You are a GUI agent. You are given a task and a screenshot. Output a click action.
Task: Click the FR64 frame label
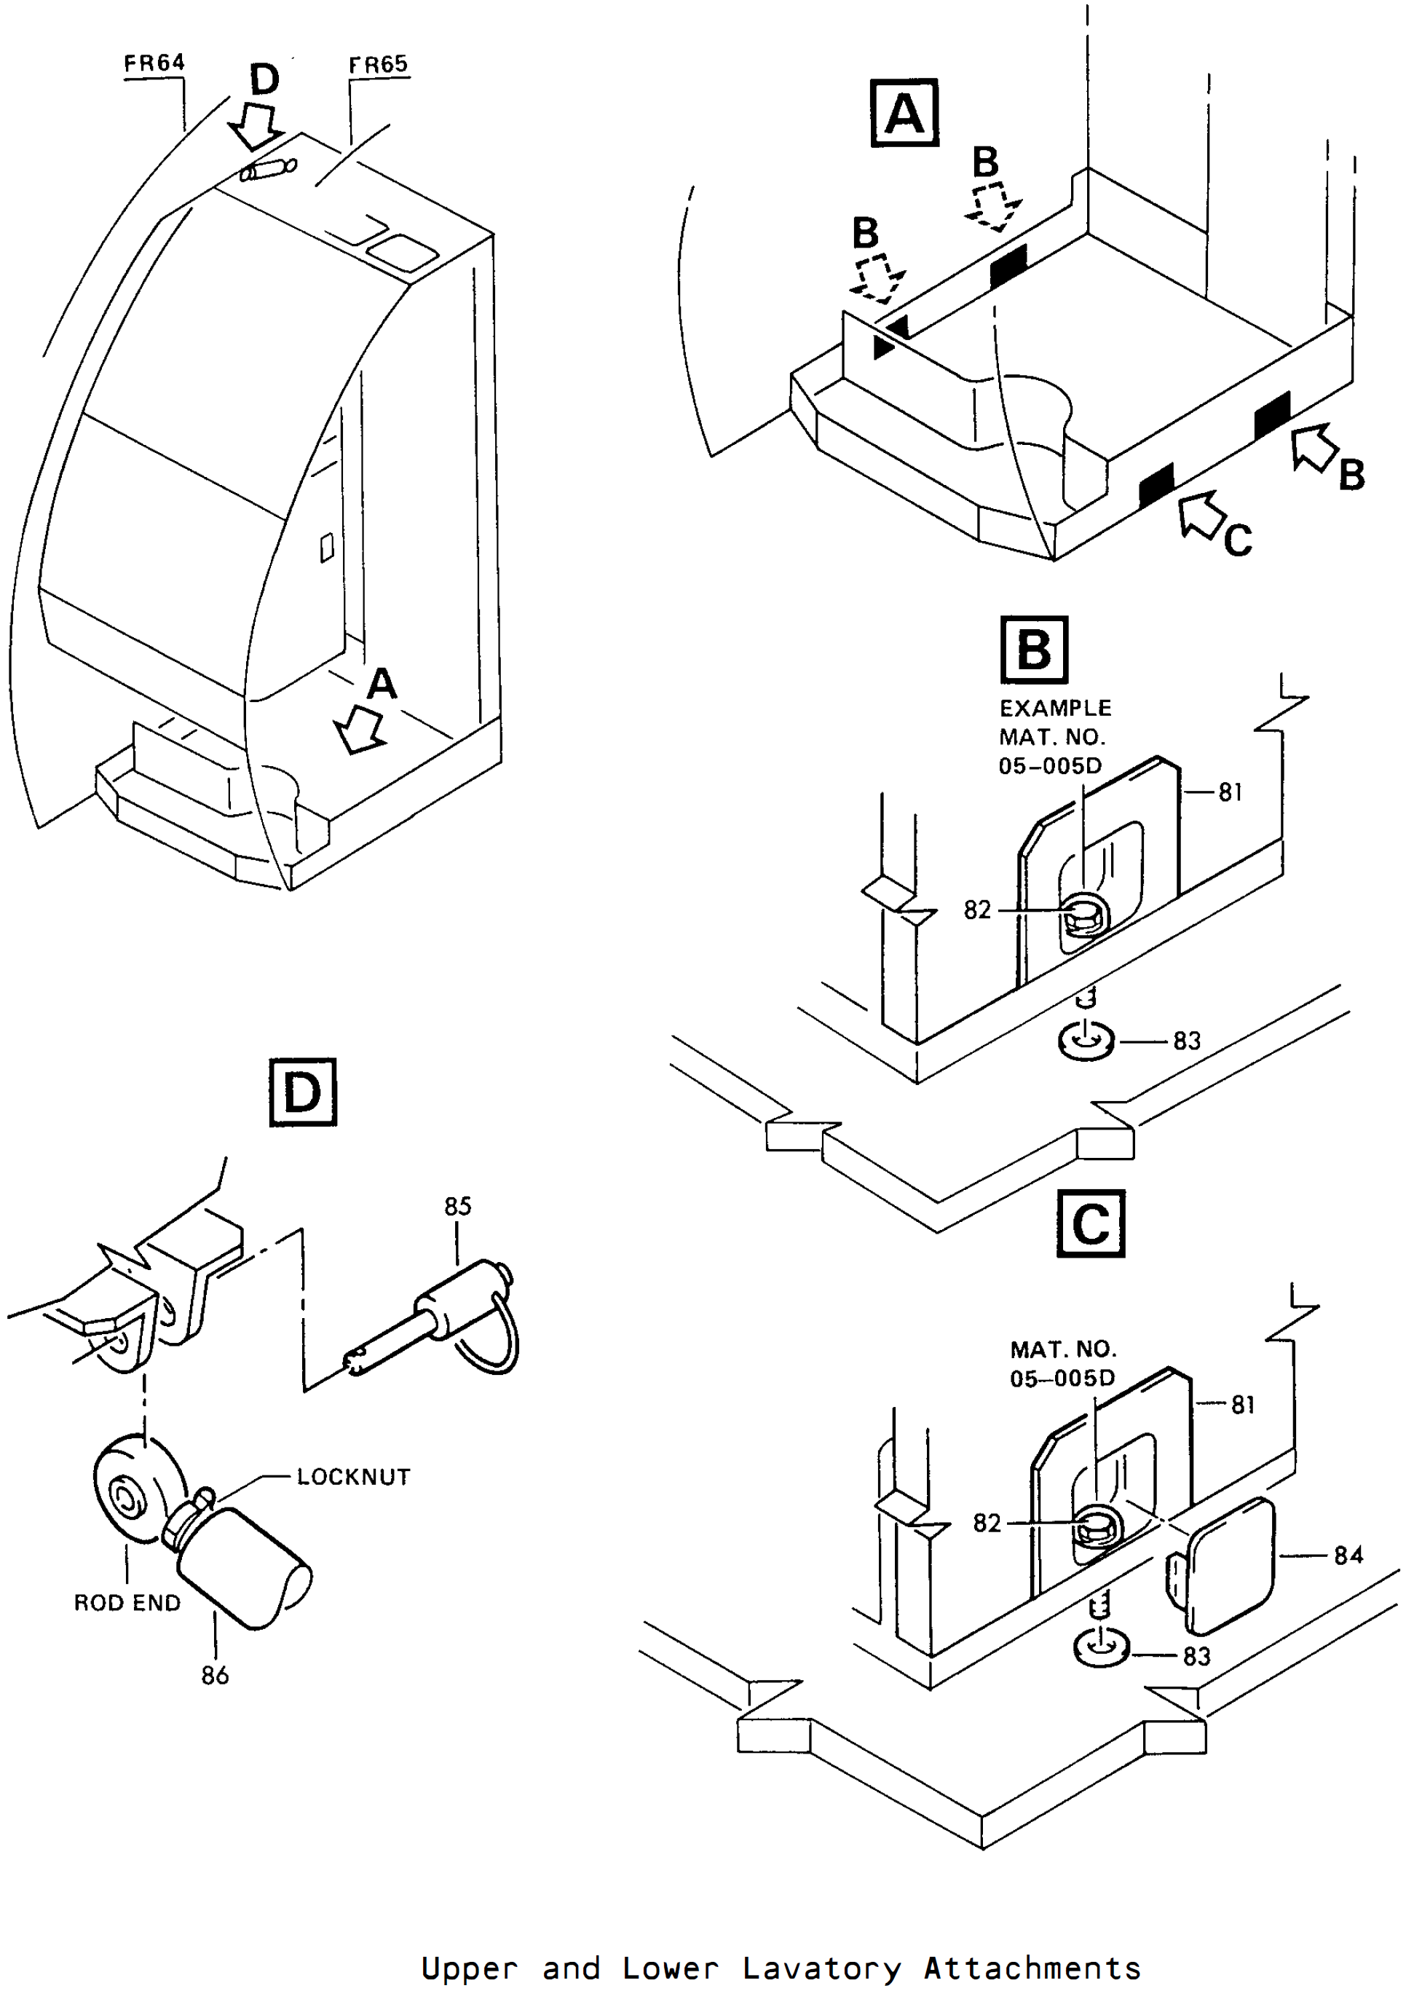pos(154,63)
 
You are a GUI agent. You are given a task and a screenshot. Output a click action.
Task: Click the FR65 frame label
pos(378,64)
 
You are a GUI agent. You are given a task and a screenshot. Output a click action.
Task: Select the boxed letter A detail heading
pos(904,113)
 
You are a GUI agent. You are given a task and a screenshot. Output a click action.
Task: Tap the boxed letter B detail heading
pos(1034,650)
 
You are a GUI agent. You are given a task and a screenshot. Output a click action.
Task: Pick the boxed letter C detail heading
pos(1091,1223)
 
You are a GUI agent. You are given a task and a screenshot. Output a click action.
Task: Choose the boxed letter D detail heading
pos(302,1092)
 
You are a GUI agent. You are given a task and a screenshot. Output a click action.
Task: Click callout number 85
pos(458,1205)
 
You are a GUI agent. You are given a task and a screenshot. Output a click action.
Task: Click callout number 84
pos(1348,1556)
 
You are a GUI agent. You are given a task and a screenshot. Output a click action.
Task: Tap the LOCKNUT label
pos(354,1477)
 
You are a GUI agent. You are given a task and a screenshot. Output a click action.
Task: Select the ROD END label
pos(127,1603)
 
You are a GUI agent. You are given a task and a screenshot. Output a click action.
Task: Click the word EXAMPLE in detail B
pos(1055,708)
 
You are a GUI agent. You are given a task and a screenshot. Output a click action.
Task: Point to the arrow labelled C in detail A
pos(1201,514)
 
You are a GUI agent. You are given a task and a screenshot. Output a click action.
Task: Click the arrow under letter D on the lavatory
pos(256,127)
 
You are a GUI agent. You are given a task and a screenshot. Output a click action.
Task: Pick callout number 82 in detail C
pos(987,1523)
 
